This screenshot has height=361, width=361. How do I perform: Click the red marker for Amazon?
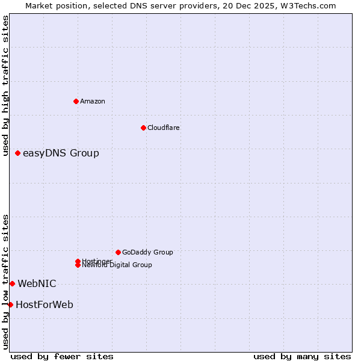pos(76,101)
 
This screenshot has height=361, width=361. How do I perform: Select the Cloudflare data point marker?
pos(143,128)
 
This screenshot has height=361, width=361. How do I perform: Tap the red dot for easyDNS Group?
pos(18,153)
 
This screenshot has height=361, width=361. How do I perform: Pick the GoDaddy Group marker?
pos(118,252)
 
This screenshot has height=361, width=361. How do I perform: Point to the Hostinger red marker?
pos(78,261)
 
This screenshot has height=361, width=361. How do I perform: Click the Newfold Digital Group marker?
pos(78,265)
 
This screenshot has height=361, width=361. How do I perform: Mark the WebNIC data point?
pos(12,283)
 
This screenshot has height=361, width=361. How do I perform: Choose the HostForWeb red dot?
pos(10,304)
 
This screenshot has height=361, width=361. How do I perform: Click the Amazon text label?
pos(93,101)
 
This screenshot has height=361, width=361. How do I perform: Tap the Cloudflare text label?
pos(164,128)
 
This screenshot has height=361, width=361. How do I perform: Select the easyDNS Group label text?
pos(61,153)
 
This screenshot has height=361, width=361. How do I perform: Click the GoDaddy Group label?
pos(147,252)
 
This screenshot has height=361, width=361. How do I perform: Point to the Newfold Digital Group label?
pos(117,265)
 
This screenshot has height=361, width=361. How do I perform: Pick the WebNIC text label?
pos(37,283)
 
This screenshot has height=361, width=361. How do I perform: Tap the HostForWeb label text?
pos(45,304)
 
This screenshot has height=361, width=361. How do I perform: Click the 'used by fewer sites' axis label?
pos(62,356)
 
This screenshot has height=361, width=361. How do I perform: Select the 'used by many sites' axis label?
pos(302,356)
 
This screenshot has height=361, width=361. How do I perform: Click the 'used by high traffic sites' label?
pos(5,85)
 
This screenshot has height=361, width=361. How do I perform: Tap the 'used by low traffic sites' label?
pos(5,282)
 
